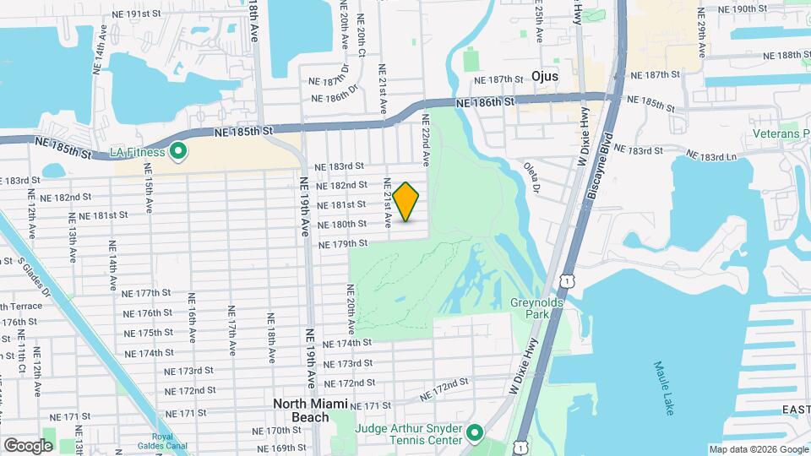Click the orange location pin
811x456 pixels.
[x=406, y=201]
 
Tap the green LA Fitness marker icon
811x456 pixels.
[x=178, y=152]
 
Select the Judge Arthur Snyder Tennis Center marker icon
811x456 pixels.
[x=475, y=434]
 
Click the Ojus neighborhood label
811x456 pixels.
[x=546, y=75]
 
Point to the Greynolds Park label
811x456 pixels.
[x=530, y=307]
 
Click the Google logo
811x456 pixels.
[x=28, y=445]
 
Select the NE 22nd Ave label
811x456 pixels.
[x=426, y=139]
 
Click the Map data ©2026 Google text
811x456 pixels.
[x=758, y=449]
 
